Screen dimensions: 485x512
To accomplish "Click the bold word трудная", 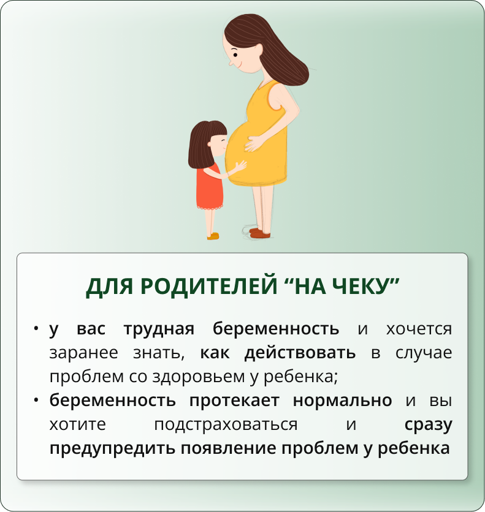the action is [159, 329].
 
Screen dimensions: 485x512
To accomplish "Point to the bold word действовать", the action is [300, 353].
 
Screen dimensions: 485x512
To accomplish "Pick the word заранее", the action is [83, 353].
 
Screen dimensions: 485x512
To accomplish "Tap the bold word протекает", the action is [234, 401].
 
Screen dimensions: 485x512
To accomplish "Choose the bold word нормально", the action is [342, 401].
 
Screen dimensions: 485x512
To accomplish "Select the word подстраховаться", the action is [226, 425].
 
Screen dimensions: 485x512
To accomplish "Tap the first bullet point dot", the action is [36, 328].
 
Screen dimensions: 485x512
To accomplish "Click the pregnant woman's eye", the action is [235, 55].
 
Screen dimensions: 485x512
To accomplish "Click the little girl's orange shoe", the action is [213, 236].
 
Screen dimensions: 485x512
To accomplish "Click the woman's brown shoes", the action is [260, 233].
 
